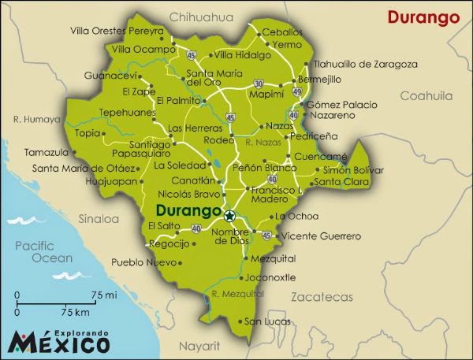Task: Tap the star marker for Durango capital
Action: [229, 216]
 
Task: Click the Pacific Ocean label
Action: [43, 252]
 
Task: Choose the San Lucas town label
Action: [263, 321]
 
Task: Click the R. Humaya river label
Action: [36, 120]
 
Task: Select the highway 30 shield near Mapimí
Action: [259, 83]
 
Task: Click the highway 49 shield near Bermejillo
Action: [296, 92]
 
